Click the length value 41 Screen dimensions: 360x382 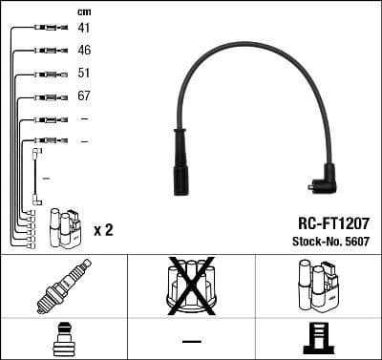84,28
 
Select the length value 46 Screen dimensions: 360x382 84,50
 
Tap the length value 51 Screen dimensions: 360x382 84,73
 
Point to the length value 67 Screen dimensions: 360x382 84,96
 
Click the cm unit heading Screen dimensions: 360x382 83,11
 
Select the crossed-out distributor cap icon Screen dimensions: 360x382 191,286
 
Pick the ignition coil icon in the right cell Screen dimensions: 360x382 318,286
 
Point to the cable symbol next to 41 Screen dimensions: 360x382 46,28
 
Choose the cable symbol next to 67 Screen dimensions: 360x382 46,96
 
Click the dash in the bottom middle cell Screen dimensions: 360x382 191,340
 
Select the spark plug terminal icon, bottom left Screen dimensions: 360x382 63,340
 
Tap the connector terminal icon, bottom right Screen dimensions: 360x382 318,340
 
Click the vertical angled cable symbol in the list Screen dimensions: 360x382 36,177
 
